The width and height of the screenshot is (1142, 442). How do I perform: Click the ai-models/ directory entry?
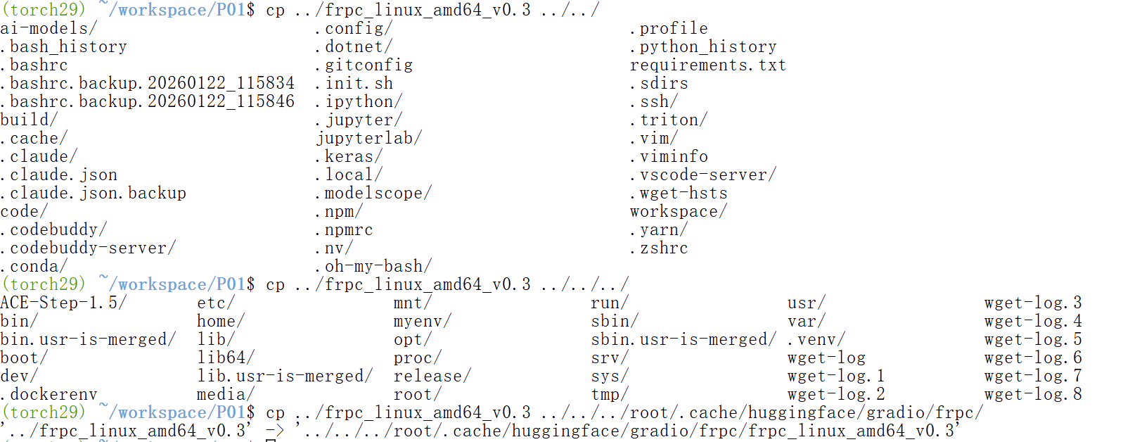coord(49,29)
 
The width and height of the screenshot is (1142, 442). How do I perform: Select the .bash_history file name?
coord(64,47)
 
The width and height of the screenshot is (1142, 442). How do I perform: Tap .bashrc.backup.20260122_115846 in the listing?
coord(148,102)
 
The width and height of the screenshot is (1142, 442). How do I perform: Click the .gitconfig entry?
coord(364,65)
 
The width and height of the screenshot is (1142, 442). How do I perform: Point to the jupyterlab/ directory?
coord(368,139)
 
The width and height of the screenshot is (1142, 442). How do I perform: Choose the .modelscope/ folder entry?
coord(373,194)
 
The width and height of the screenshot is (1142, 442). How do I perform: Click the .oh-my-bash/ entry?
coord(373,267)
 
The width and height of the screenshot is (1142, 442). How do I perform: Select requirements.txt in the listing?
coord(707,65)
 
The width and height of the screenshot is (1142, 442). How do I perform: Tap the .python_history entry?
coord(703,47)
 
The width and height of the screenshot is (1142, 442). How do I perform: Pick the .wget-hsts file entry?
coord(679,194)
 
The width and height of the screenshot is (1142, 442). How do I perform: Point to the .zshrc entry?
coord(659,248)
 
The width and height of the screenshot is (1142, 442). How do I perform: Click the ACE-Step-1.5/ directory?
coord(63,303)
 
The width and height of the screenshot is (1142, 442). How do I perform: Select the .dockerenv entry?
coord(49,395)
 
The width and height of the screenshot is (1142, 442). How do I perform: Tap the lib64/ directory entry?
coord(226,358)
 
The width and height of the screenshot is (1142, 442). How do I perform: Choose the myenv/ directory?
coord(422,322)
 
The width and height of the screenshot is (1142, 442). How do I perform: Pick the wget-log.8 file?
coord(1032,395)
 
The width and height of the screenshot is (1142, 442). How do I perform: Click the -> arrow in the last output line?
coord(274,431)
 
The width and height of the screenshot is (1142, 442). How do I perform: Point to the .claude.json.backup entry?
coord(94,194)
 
